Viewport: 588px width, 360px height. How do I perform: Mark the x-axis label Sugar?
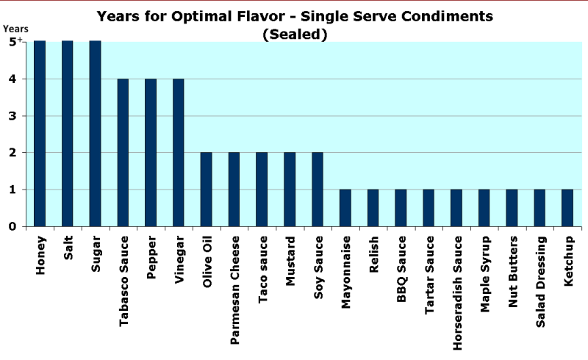(x=96, y=254)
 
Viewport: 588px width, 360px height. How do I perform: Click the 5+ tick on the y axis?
(x=15, y=42)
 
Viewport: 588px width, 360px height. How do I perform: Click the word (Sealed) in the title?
(x=294, y=33)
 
